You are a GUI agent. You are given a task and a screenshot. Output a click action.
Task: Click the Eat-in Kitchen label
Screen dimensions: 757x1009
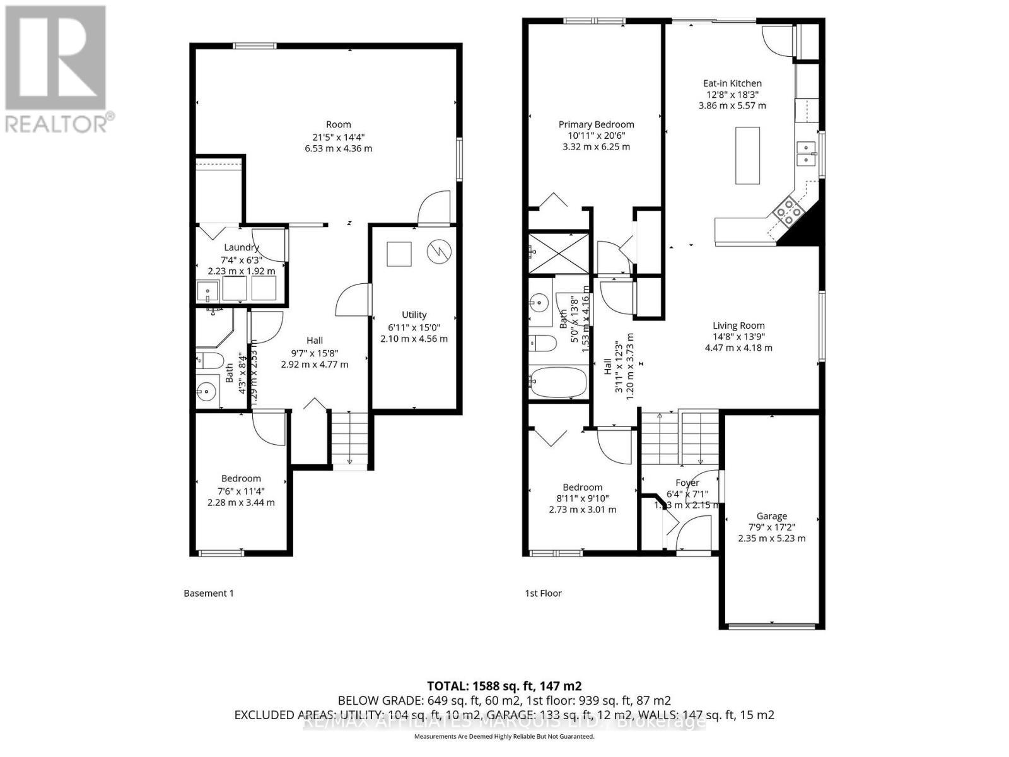(732, 83)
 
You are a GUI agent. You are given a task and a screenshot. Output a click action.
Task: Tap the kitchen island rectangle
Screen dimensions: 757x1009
(747, 155)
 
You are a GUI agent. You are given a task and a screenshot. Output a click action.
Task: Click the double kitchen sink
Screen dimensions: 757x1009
(805, 153)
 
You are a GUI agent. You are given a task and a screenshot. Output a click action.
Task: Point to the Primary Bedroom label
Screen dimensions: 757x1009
(596, 124)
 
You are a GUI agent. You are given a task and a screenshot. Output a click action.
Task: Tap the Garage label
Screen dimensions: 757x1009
(771, 515)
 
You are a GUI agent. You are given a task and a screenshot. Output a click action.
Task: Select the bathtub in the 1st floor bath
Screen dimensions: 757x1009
(559, 383)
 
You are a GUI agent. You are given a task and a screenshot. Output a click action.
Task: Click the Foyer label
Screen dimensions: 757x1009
(687, 483)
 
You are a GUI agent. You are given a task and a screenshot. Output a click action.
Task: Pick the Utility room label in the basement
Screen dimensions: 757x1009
(414, 315)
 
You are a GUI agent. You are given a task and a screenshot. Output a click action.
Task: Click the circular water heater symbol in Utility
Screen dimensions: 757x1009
(439, 251)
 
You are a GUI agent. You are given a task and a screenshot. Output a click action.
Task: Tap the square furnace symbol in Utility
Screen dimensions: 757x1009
(399, 254)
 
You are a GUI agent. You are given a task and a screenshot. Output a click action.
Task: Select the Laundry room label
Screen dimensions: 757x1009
(241, 247)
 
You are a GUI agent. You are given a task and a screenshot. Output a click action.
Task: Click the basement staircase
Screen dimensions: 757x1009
(349, 438)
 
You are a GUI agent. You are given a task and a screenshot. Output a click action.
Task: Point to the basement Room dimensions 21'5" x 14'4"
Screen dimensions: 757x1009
(338, 136)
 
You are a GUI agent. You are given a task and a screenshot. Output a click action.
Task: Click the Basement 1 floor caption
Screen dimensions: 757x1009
(208, 593)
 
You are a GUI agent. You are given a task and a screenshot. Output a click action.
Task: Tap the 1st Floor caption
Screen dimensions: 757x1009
(543, 593)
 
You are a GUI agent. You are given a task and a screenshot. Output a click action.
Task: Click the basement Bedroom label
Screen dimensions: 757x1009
(241, 479)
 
